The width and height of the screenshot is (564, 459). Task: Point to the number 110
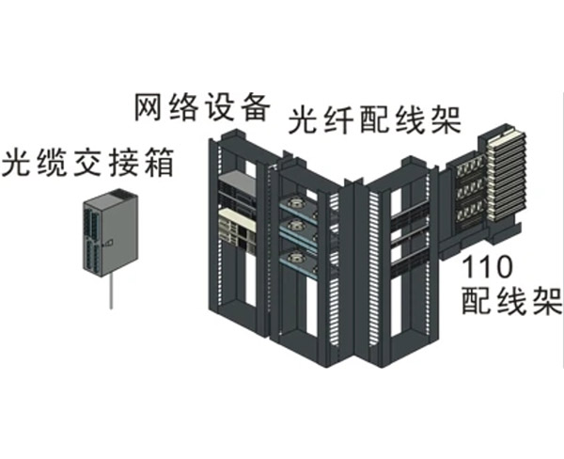[x=489, y=270]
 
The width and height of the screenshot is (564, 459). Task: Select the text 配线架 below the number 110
[x=511, y=303]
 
